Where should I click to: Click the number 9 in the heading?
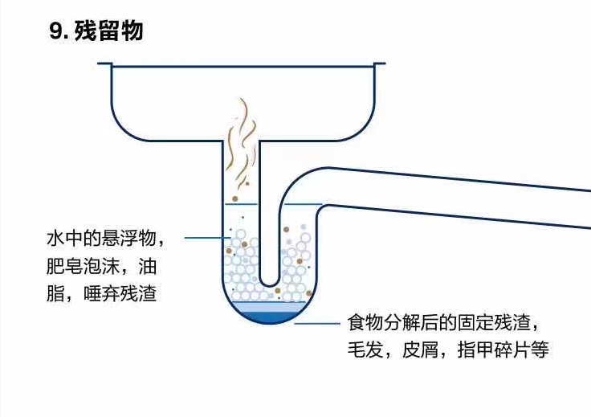[55, 32]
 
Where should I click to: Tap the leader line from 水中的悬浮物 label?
[203, 239]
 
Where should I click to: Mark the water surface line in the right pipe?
[302, 205]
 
